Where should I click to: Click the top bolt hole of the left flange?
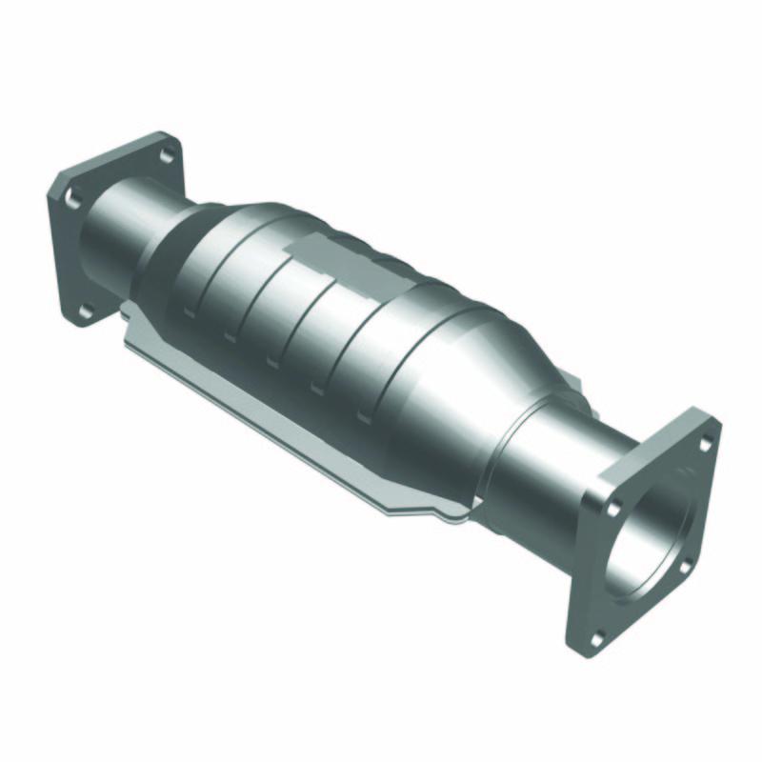[x=167, y=154]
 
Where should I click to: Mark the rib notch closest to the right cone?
[x=363, y=416]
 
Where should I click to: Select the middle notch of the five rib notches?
[x=272, y=362]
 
